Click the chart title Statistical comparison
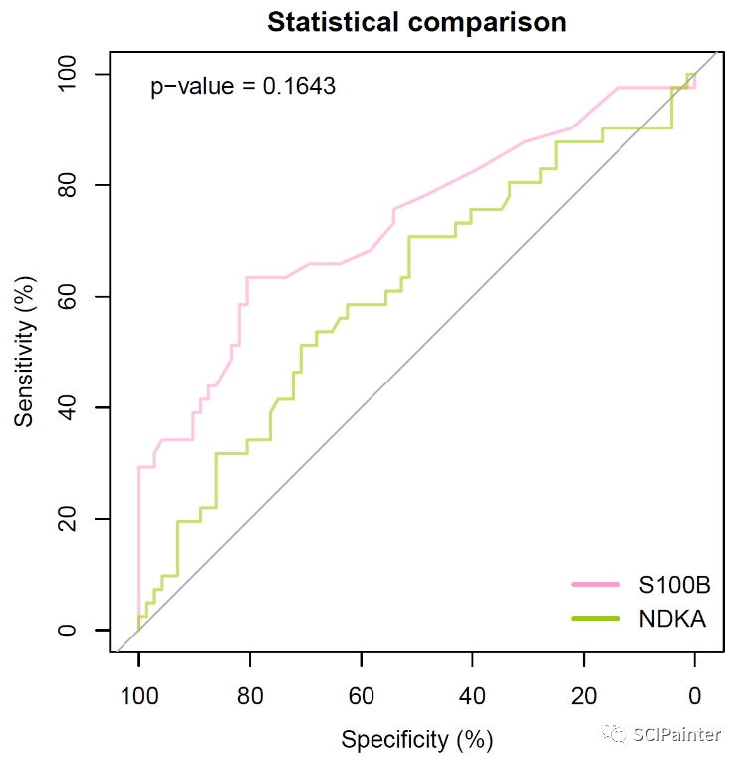416,22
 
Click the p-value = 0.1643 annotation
243,87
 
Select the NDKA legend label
672,619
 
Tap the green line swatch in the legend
596,619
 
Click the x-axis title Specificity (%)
417,739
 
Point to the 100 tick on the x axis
139,694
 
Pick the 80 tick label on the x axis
250,694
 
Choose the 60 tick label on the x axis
362,694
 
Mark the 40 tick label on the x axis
472,694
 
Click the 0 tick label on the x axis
694,694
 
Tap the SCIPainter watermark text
677,735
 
